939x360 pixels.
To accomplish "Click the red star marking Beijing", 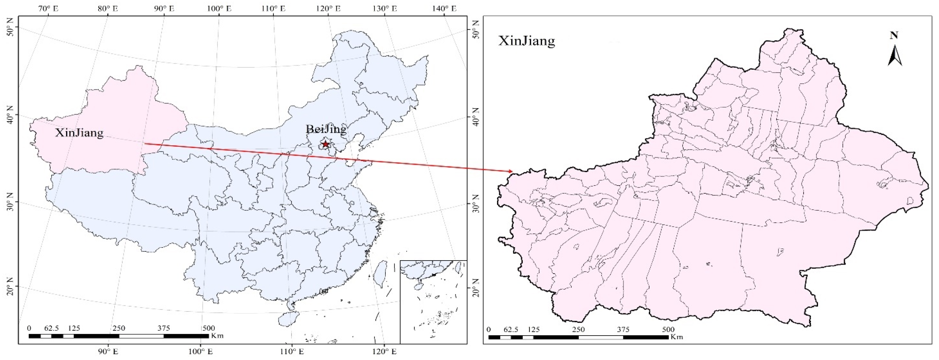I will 325,144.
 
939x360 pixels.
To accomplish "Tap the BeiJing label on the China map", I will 326,129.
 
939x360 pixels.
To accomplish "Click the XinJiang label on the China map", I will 79,133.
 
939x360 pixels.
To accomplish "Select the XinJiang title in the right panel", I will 526,41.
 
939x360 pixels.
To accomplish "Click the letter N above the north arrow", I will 894,35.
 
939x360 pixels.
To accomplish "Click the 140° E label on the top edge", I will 445,8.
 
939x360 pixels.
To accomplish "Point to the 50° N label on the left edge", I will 10,26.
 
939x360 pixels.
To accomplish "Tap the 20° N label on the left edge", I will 10,287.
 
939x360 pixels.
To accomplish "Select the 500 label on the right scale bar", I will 668,330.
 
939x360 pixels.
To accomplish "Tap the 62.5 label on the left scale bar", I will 51,328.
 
